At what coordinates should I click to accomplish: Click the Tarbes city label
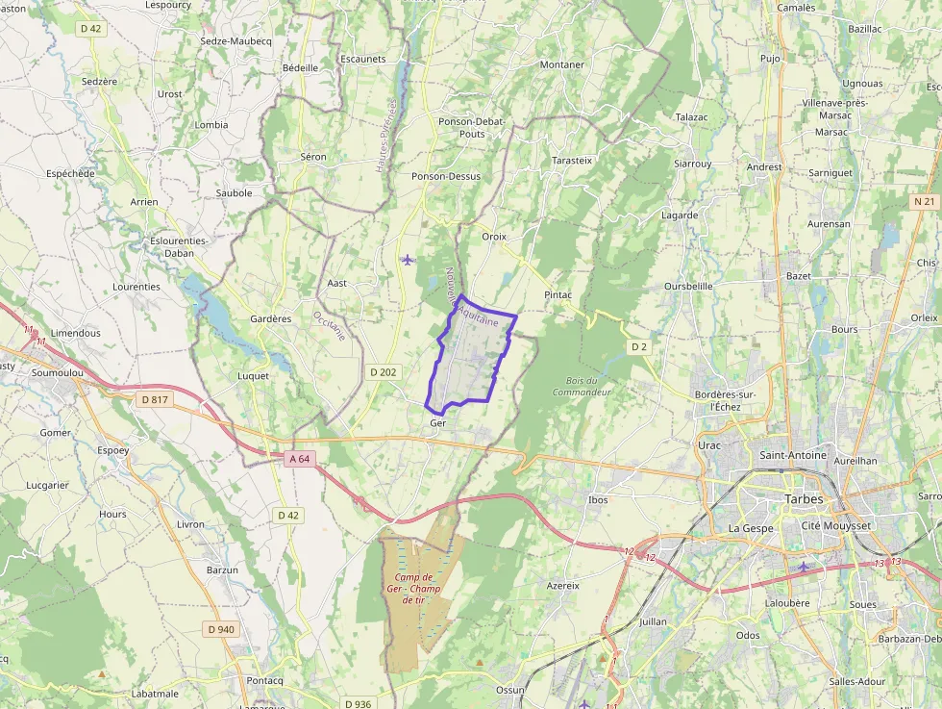(x=804, y=499)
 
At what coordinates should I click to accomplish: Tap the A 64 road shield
(x=300, y=459)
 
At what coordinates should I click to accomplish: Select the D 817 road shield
(x=154, y=399)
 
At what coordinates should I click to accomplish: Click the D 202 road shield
(x=384, y=372)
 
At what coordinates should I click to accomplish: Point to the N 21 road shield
(x=924, y=201)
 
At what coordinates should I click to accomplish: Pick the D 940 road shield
(x=220, y=629)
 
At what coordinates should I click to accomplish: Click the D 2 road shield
(x=640, y=346)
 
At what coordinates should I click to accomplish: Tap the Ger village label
(x=438, y=423)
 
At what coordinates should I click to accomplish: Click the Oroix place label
(x=494, y=236)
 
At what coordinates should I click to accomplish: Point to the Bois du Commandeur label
(x=583, y=387)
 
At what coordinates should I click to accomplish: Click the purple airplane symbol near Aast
(x=408, y=259)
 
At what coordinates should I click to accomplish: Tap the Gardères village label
(x=270, y=318)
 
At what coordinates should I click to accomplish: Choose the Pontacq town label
(x=264, y=680)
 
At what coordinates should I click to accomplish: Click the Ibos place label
(x=598, y=499)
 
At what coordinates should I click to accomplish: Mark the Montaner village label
(x=562, y=64)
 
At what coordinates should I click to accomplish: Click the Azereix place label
(x=563, y=585)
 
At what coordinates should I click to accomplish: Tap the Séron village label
(x=313, y=156)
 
